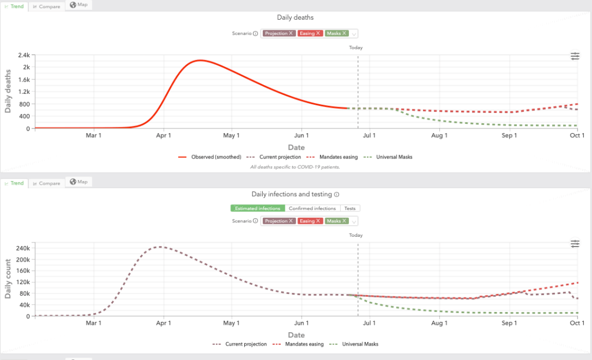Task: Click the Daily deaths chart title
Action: [295, 18]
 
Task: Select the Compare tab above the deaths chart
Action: [47, 6]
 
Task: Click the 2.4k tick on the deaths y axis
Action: [23, 56]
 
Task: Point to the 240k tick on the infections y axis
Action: [21, 248]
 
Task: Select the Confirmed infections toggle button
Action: [312, 208]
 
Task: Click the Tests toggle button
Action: [350, 208]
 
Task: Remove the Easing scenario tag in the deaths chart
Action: [318, 34]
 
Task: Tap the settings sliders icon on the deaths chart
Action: [575, 56]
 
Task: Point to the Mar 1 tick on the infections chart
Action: [94, 323]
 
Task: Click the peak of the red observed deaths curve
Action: [200, 60]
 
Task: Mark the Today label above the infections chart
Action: [356, 235]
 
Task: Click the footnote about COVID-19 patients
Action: [295, 167]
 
